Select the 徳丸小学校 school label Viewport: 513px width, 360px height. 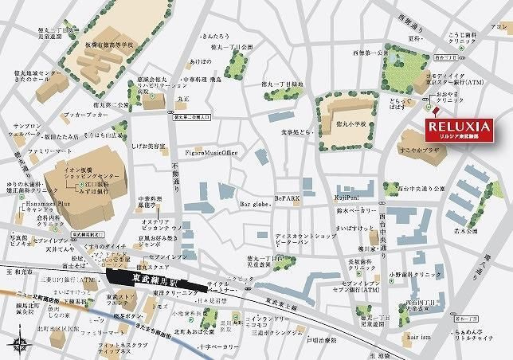349,123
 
